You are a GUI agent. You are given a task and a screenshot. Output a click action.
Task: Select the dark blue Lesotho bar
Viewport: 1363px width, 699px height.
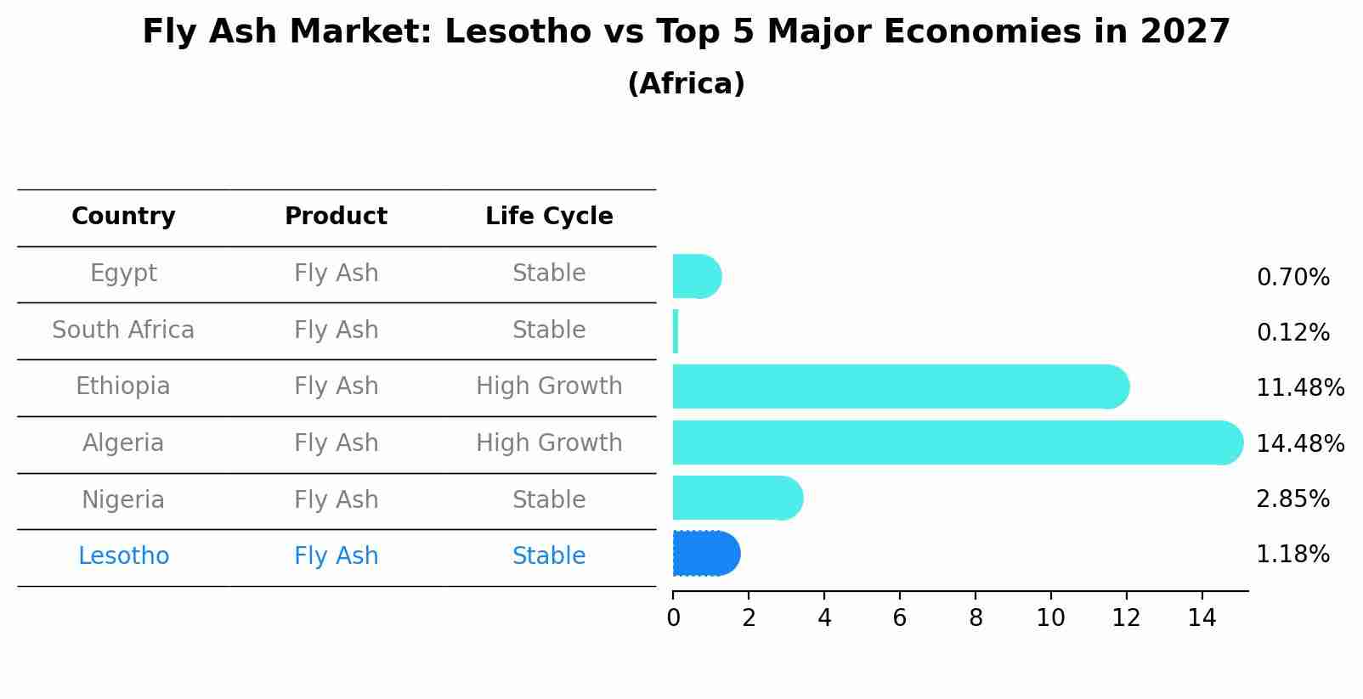pyautogui.click(x=705, y=554)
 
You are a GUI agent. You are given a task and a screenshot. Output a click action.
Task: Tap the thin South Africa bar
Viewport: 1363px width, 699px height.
pyautogui.click(x=676, y=331)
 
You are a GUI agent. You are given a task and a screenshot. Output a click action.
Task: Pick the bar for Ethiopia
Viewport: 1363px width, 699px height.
pyautogui.click(x=899, y=386)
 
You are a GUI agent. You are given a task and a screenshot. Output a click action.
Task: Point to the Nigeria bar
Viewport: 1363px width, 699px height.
pyautogui.click(x=736, y=498)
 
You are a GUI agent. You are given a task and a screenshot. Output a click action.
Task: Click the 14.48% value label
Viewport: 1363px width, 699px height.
pyautogui.click(x=1299, y=443)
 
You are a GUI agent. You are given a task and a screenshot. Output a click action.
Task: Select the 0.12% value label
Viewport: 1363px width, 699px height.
pyautogui.click(x=1292, y=332)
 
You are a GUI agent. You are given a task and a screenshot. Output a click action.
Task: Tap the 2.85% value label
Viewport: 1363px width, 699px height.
pyautogui.click(x=1292, y=499)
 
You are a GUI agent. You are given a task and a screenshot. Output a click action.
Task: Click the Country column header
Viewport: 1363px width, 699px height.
pyautogui.click(x=123, y=217)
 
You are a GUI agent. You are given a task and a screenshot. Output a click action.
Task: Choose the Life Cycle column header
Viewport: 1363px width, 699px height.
pyautogui.click(x=549, y=217)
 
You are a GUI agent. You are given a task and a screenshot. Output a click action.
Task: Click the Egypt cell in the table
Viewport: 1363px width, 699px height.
pyautogui.click(x=123, y=273)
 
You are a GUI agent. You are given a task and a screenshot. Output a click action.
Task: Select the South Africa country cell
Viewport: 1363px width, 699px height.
pyautogui.click(x=123, y=330)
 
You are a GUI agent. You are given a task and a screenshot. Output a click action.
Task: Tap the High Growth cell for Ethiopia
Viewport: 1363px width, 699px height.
pyautogui.click(x=549, y=386)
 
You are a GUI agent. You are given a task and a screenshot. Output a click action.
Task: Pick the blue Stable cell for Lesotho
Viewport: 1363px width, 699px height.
pyautogui.click(x=549, y=556)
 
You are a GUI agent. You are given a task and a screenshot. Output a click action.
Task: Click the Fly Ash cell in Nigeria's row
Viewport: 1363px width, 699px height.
pyautogui.click(x=336, y=499)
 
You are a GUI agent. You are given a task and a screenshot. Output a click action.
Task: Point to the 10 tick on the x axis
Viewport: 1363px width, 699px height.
pyautogui.click(x=1050, y=617)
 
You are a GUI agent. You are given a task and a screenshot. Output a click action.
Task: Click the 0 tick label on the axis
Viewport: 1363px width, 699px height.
pyautogui.click(x=673, y=617)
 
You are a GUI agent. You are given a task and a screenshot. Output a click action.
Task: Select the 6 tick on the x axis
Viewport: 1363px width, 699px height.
pyautogui.click(x=899, y=617)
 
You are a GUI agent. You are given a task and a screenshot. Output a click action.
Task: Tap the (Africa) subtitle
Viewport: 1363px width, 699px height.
pyautogui.click(x=686, y=83)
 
